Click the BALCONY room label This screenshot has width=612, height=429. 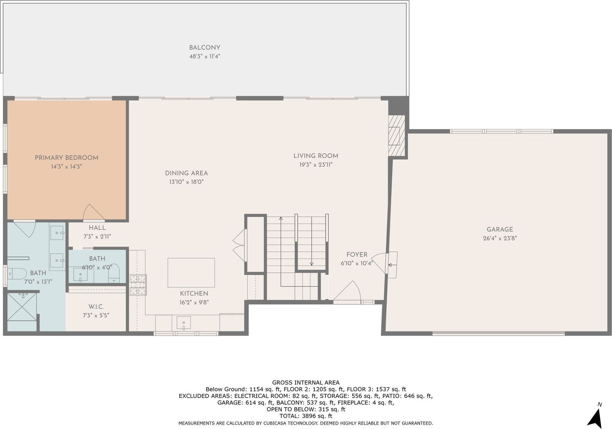[205, 48]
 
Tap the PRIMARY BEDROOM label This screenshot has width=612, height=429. [66, 158]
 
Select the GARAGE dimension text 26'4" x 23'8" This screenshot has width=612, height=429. [500, 238]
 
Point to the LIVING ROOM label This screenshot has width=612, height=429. [316, 156]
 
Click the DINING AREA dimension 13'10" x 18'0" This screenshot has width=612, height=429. [186, 182]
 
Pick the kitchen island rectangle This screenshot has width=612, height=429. [191, 272]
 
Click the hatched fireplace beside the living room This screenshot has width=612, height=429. [396, 136]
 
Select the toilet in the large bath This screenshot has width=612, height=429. [16, 274]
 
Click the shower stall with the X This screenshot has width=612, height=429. [21, 307]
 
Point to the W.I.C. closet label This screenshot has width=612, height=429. [96, 307]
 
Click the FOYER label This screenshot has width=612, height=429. [357, 254]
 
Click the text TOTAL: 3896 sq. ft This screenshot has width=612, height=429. [306, 416]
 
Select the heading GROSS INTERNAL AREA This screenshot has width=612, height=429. [306, 382]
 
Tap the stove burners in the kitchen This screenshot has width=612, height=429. [138, 285]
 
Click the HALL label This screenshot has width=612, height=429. [97, 228]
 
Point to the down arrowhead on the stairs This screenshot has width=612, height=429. [312, 264]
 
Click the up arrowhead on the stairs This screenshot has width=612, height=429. [281, 218]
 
